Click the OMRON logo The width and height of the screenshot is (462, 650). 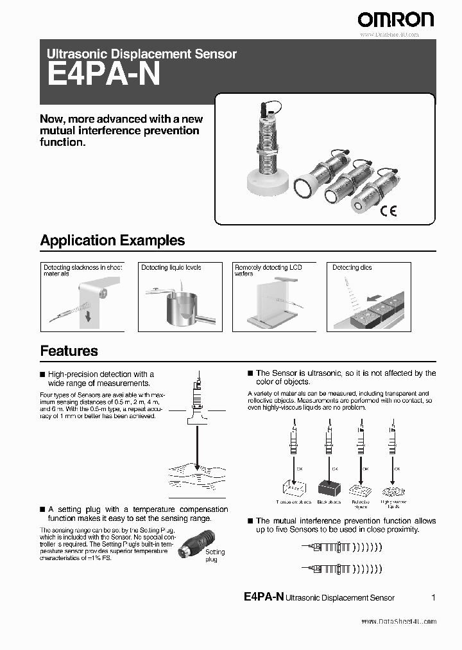pyautogui.click(x=395, y=19)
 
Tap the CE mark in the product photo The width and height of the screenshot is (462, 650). pyautogui.click(x=389, y=210)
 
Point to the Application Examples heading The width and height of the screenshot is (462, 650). pyautogui.click(x=112, y=240)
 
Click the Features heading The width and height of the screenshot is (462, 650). pyautogui.click(x=69, y=351)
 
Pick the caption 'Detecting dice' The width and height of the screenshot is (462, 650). pyautogui.click(x=352, y=267)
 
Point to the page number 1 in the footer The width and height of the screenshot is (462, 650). pyautogui.click(x=434, y=597)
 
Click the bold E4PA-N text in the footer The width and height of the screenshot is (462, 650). pyautogui.click(x=264, y=597)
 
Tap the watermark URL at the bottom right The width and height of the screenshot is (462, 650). pyautogui.click(x=398, y=621)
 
